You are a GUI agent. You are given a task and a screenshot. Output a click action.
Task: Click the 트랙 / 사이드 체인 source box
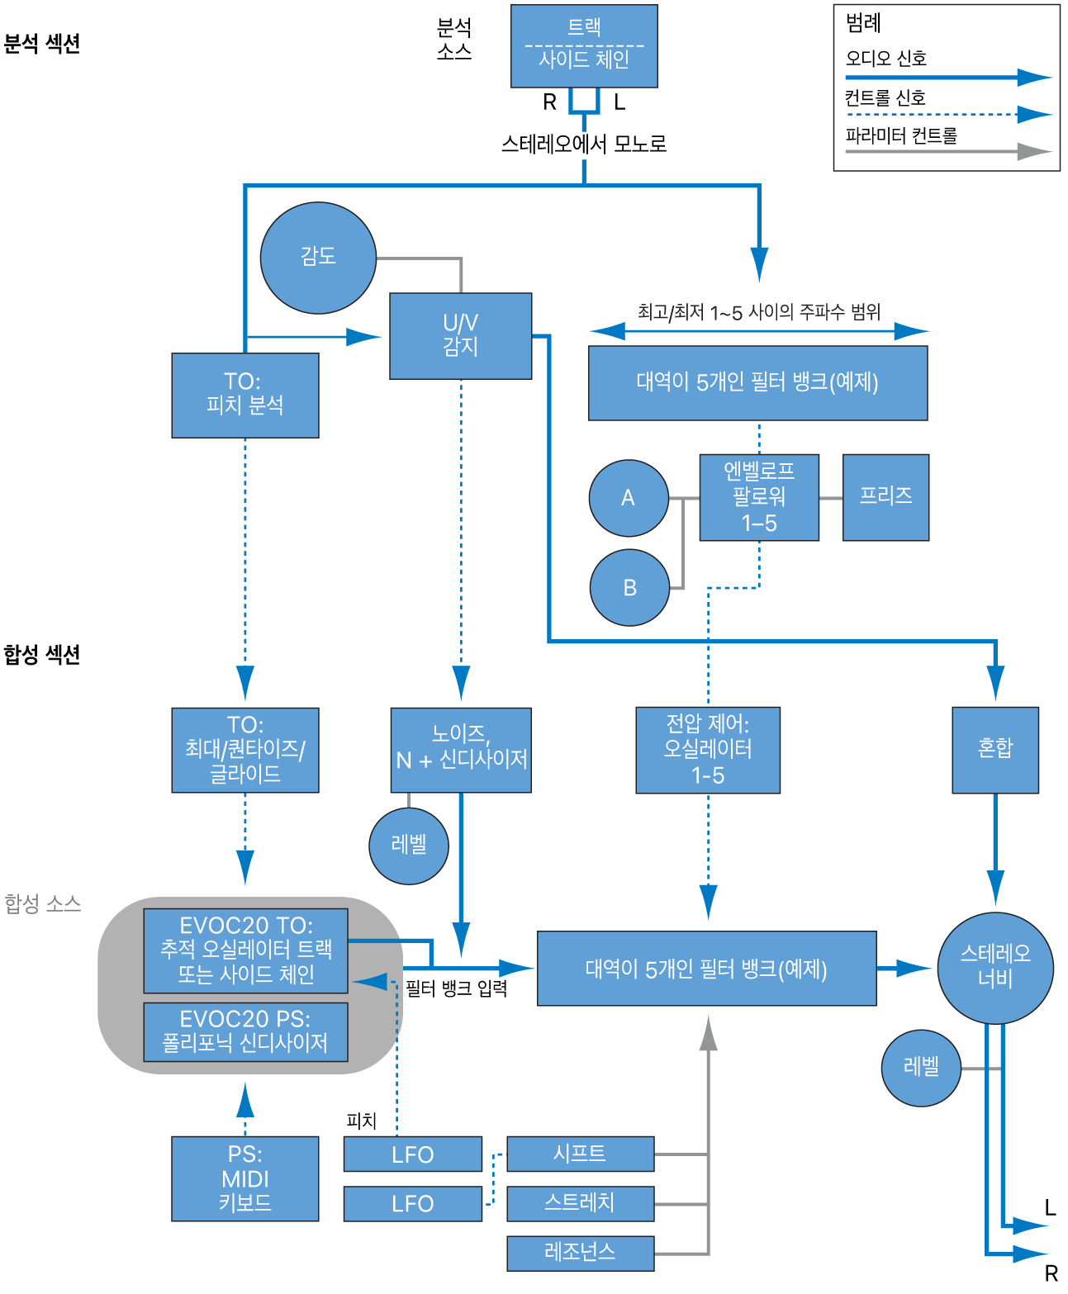point(584,45)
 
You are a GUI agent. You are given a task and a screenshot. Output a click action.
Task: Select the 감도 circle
point(318,258)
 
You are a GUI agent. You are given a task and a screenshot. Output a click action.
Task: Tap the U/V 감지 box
point(460,335)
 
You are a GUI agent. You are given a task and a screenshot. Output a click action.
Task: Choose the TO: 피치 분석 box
point(244,395)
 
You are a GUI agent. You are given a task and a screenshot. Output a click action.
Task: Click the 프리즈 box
point(885,497)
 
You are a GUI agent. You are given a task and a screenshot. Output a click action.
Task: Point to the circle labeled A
point(629,498)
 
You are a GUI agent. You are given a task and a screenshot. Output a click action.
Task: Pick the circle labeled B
point(629,588)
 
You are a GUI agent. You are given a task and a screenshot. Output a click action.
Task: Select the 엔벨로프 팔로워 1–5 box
point(758,497)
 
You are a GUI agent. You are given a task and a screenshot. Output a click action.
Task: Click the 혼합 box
point(994,749)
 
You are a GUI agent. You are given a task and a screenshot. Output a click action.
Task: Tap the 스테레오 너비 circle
point(995,967)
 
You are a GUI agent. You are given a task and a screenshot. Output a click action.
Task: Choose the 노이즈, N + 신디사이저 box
point(460,749)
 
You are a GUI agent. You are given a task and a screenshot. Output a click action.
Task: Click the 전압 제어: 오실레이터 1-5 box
point(707,749)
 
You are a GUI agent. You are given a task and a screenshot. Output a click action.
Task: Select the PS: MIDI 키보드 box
point(244,1178)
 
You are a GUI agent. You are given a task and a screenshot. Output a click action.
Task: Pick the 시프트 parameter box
point(580,1154)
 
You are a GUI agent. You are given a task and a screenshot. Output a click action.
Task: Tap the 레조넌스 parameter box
point(580,1253)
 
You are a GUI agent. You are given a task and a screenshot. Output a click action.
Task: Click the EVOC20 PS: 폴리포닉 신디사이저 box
point(245,1031)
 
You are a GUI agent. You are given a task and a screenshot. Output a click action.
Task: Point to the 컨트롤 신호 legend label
point(885,98)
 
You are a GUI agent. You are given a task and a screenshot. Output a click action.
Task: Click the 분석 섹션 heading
point(42,44)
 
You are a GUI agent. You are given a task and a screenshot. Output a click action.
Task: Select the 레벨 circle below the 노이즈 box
point(408,846)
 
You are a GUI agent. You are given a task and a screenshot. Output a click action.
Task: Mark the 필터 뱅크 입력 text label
point(456,988)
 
